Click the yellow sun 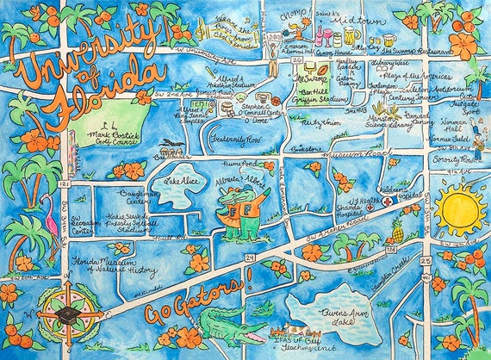click(460, 208)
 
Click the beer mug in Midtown click(351, 38)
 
